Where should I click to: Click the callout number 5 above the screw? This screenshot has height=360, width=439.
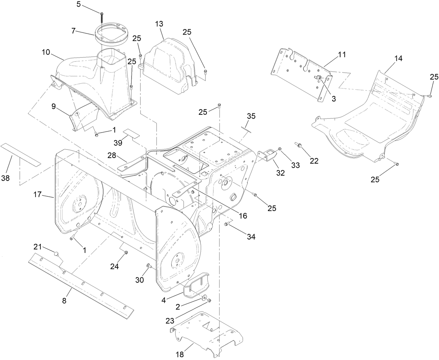79,5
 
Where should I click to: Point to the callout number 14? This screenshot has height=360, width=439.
398,59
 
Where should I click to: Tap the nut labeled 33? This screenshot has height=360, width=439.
280,150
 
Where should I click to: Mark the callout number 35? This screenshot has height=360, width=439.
251,116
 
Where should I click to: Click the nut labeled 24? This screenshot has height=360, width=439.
126,253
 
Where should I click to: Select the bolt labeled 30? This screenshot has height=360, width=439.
149,266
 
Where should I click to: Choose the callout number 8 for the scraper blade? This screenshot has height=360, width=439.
64,301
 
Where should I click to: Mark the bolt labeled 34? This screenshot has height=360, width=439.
227,224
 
